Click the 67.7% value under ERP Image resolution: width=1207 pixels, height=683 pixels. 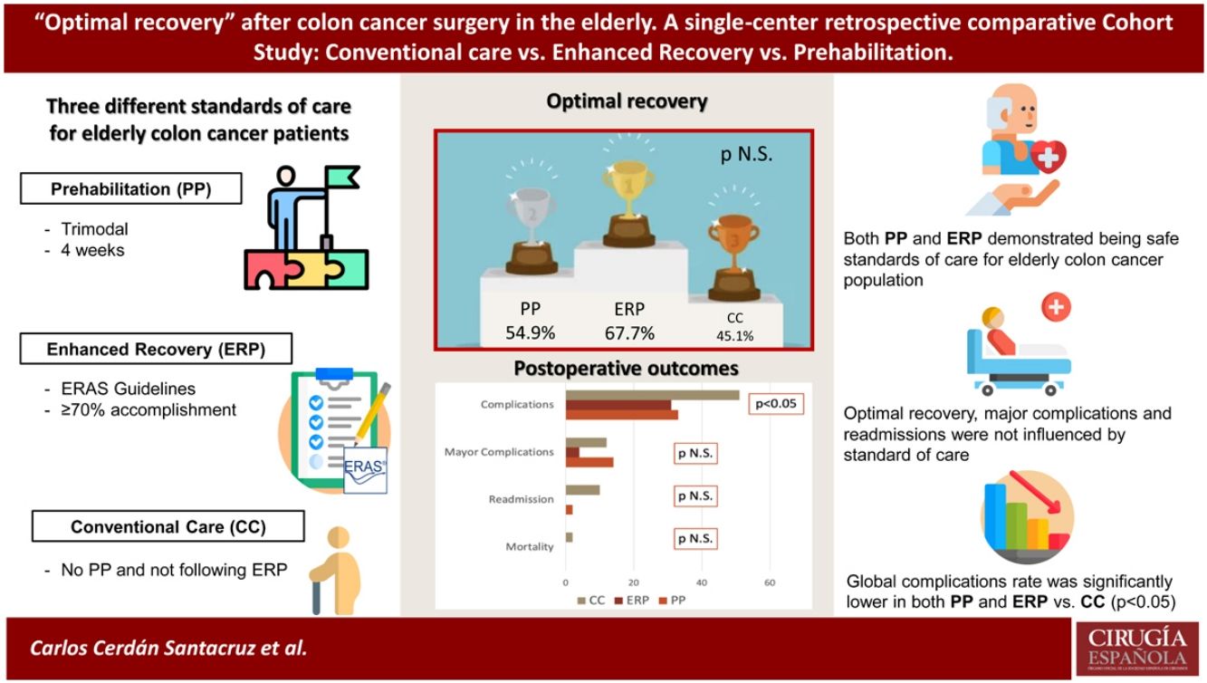click(x=629, y=332)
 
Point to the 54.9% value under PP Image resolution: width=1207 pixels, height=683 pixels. click(x=530, y=332)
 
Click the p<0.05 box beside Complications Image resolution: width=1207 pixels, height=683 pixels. click(x=776, y=404)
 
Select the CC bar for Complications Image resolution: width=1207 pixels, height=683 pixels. click(x=652, y=395)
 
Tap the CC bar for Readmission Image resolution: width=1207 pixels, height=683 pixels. click(x=582, y=490)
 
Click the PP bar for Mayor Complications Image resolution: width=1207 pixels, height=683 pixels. click(x=589, y=462)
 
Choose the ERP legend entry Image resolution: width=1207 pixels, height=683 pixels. click(x=637, y=600)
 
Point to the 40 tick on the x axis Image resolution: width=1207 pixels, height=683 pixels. click(x=702, y=582)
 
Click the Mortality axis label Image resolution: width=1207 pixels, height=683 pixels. click(x=529, y=546)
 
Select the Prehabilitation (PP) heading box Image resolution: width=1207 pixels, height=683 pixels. click(x=132, y=189)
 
